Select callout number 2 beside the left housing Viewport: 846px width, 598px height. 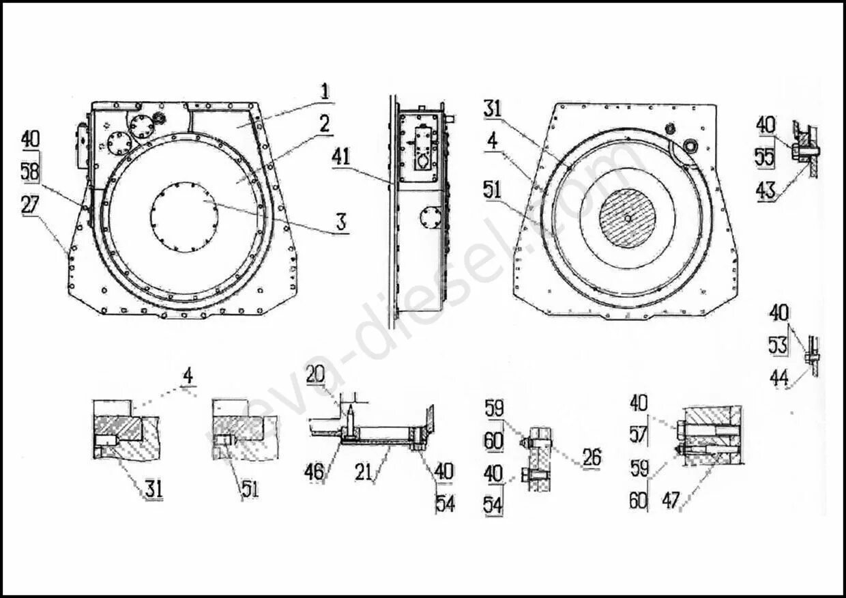324,124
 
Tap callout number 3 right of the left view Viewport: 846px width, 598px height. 340,221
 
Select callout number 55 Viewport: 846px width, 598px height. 765,158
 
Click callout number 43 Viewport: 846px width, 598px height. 765,190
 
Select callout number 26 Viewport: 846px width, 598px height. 592,457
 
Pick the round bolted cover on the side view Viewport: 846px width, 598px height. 430,220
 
